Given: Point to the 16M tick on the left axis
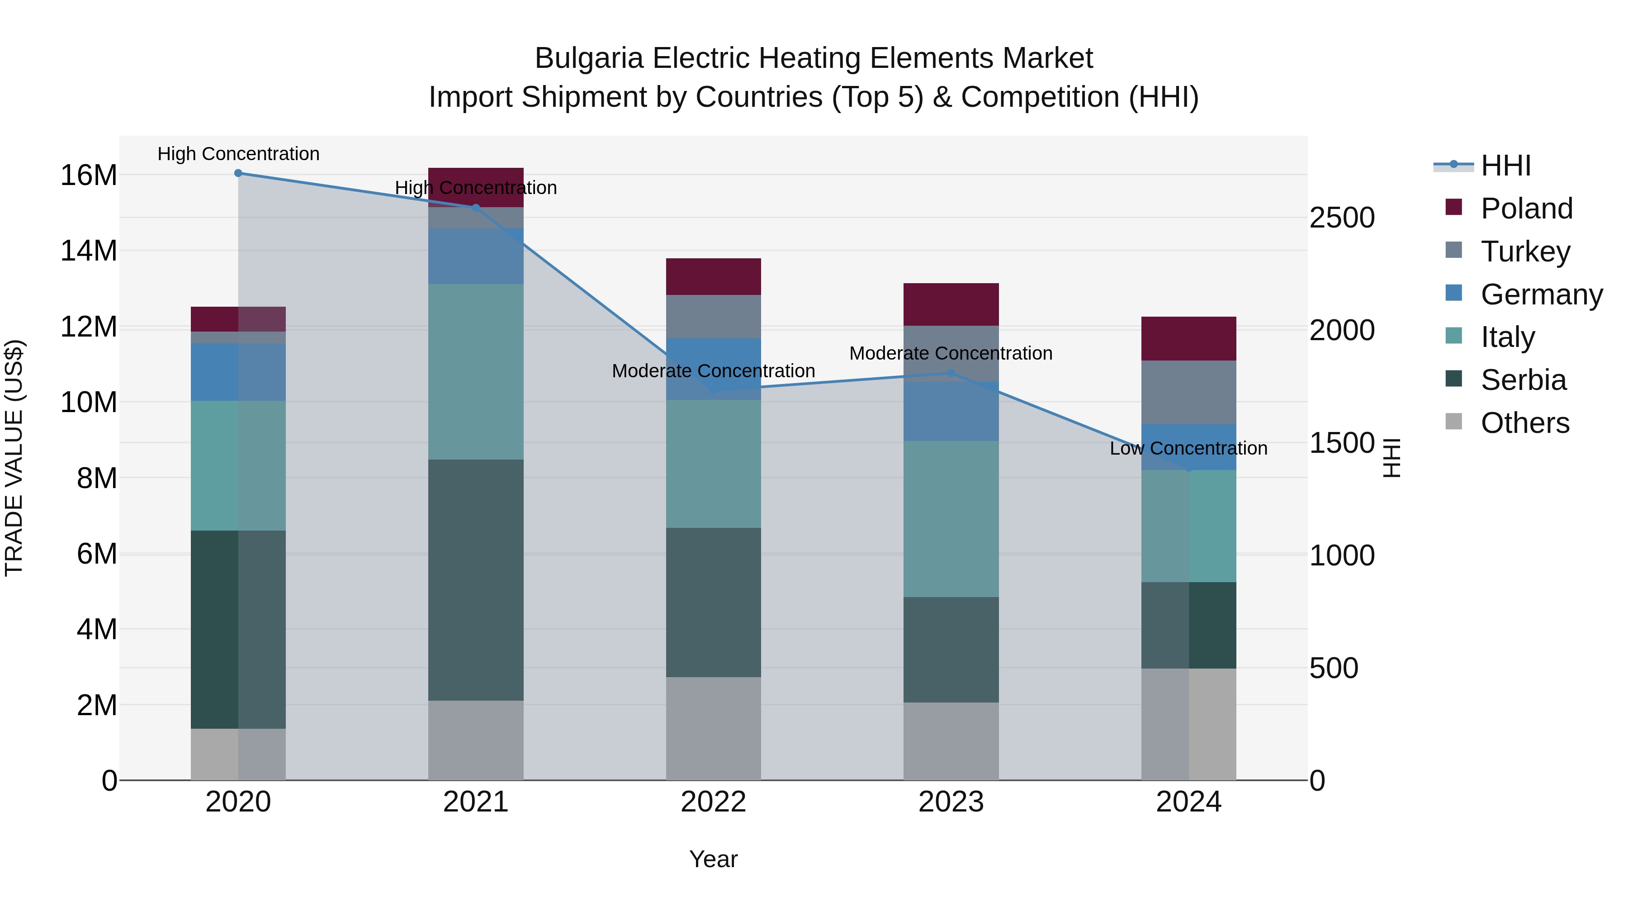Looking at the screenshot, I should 89,175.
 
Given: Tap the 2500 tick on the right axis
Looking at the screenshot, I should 1341,218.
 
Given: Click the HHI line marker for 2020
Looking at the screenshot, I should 238,173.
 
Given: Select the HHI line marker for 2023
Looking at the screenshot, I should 951,374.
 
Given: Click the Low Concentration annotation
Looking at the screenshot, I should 1188,448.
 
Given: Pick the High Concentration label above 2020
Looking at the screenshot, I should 238,154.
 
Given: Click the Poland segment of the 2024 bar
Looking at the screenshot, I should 1188,338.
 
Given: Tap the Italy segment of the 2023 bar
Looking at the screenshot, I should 951,518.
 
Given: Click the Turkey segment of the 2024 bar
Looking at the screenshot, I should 1188,392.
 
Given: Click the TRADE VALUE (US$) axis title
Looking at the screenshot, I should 14,458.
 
